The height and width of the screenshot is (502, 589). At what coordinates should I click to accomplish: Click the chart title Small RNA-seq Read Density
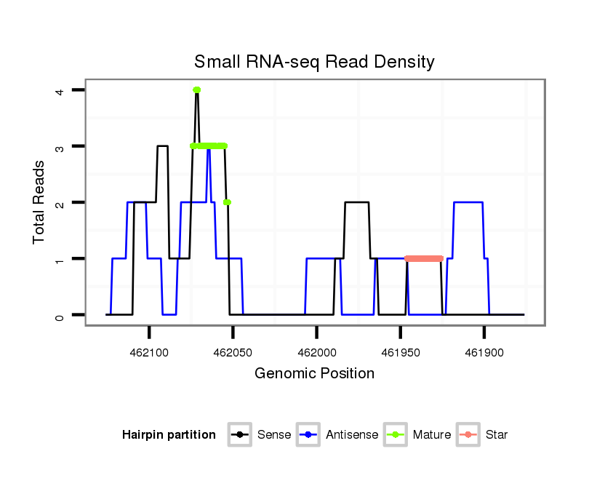tap(314, 62)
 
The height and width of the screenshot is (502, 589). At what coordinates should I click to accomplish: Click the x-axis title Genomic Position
tap(314, 374)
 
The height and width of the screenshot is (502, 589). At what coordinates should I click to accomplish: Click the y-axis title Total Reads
tap(40, 202)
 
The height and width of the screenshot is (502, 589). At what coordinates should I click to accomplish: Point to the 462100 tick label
tap(149, 351)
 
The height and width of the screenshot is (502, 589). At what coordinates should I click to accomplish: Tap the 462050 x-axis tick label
tap(233, 351)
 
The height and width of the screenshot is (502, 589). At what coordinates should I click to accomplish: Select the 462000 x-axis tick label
tap(317, 351)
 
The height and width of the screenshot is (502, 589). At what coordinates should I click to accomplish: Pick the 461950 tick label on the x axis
tap(401, 351)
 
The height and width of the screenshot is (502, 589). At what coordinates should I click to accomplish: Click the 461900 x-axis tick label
tap(484, 351)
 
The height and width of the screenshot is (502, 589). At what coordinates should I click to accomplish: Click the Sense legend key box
tap(239, 435)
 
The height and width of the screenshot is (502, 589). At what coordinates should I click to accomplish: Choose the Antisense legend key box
tap(308, 435)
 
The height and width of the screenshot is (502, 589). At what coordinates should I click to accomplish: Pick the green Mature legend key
tap(395, 435)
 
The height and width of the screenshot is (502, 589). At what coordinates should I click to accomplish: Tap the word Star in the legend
tap(497, 435)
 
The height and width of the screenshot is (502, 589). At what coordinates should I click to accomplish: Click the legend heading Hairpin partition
tap(169, 435)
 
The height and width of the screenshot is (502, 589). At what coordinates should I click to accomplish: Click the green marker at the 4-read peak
tap(196, 89)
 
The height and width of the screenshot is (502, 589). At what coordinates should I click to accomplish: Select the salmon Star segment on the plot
tap(424, 258)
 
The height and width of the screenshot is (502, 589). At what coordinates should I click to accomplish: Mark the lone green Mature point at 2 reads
tap(228, 202)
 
